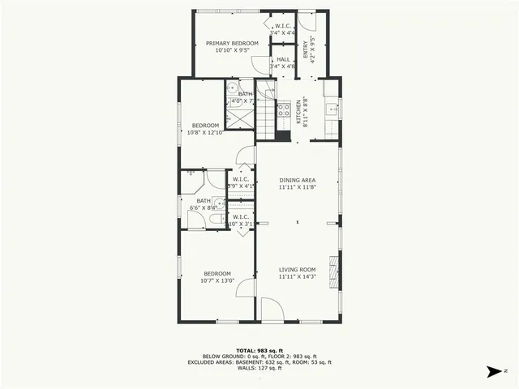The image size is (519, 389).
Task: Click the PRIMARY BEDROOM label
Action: tap(232, 43)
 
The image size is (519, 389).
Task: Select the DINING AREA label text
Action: tap(298, 180)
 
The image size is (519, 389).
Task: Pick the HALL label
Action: tap(283, 59)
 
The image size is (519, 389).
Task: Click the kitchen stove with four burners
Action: tap(284, 110)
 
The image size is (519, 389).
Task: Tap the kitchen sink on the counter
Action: tap(331, 108)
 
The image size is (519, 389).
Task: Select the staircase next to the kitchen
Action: tap(266, 113)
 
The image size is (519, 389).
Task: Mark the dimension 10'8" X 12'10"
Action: tap(205, 132)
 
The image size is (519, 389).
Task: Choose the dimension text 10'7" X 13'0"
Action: tap(217, 281)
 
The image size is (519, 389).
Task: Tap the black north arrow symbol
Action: tap(492, 372)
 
